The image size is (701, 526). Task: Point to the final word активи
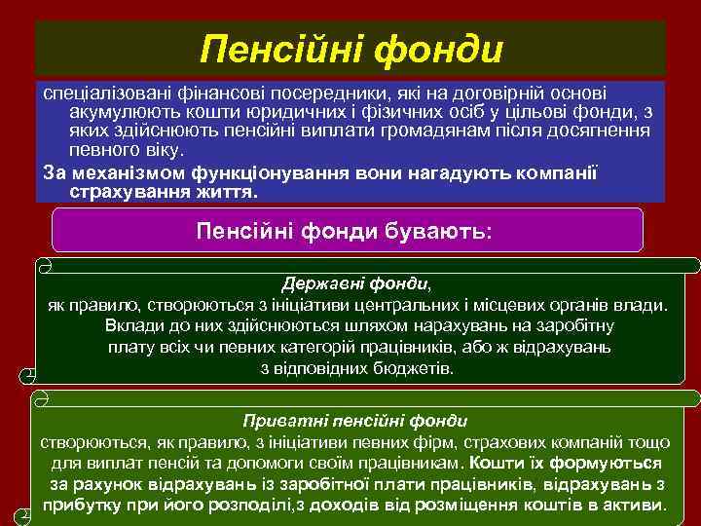[634, 506]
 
